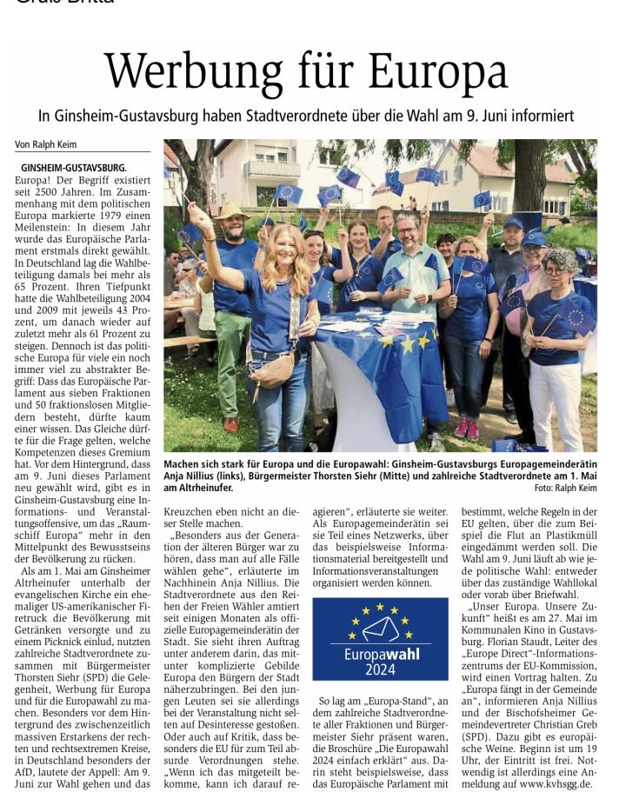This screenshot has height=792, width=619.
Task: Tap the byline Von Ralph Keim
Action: (45, 145)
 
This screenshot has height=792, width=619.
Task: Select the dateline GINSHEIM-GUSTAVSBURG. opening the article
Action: (74, 167)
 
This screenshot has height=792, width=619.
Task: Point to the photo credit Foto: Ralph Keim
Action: (565, 489)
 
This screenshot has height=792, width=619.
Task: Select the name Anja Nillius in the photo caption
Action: (193, 476)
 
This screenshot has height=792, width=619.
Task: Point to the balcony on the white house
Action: (272, 169)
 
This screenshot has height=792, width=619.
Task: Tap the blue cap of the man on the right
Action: (536, 237)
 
